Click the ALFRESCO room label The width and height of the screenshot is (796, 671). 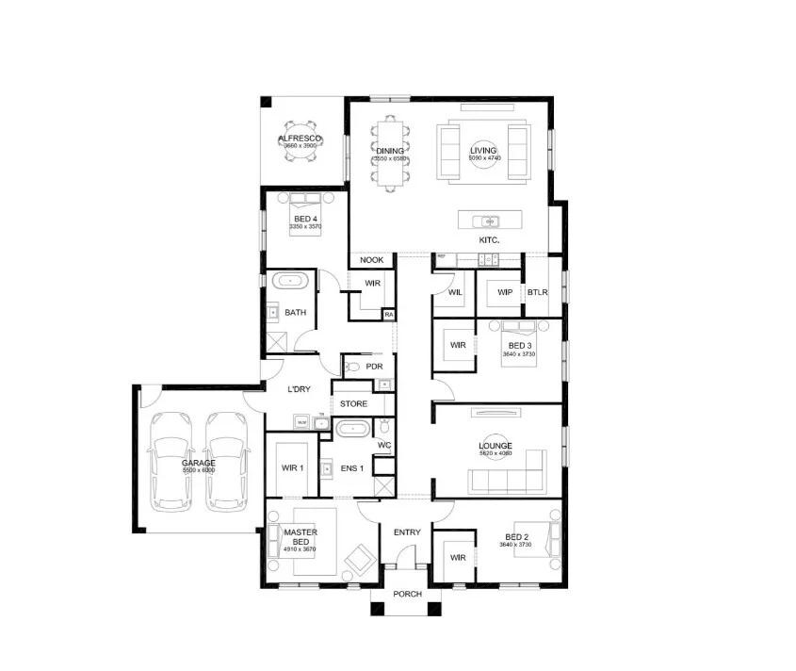click(x=300, y=139)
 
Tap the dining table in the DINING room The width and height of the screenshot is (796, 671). click(x=389, y=153)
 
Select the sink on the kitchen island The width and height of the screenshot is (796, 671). click(x=489, y=222)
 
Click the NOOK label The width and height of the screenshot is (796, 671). click(x=371, y=260)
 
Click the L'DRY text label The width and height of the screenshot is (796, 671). click(x=299, y=389)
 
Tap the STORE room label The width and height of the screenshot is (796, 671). click(x=353, y=404)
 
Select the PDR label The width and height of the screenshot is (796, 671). click(x=373, y=367)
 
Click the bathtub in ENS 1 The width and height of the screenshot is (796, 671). click(x=353, y=428)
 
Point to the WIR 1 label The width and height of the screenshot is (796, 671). click(x=292, y=467)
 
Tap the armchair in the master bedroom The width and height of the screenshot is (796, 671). click(x=360, y=560)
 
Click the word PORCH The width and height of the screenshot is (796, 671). click(x=407, y=595)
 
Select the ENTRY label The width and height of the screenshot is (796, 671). click(x=407, y=532)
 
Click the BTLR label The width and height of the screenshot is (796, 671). click(x=538, y=292)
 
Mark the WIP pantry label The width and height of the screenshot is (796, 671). click(x=504, y=292)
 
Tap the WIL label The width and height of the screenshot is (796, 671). click(x=455, y=293)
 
